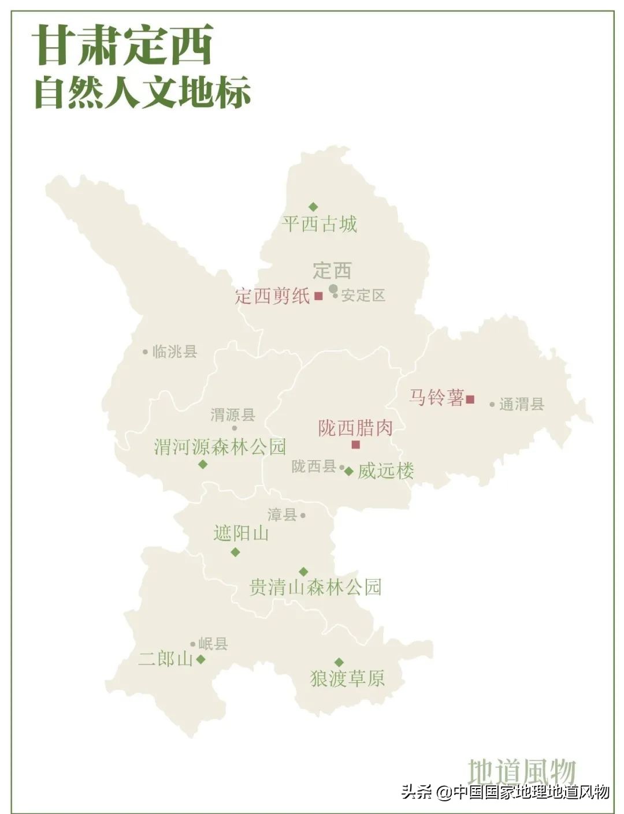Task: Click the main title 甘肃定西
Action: [x=123, y=46]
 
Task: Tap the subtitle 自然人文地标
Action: [x=143, y=92]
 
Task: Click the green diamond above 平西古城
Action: [x=313, y=207]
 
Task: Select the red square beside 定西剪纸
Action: [x=318, y=296]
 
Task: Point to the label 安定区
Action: [x=363, y=296]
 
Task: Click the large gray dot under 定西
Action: [x=333, y=288]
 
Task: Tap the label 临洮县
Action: [x=174, y=352]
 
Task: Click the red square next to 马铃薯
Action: [x=470, y=399]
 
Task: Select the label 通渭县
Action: [x=522, y=404]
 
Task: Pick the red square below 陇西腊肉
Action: [x=356, y=445]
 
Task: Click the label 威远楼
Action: [x=386, y=471]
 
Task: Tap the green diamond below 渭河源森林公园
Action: [x=203, y=464]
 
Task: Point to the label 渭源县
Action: [x=233, y=415]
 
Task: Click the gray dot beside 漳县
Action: [x=303, y=516]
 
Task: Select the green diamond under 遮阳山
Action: [x=235, y=552]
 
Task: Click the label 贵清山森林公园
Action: [x=315, y=588]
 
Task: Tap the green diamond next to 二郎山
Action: [x=200, y=659]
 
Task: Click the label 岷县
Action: [x=213, y=644]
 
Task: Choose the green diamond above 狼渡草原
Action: [x=339, y=662]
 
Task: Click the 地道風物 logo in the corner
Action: [x=522, y=771]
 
